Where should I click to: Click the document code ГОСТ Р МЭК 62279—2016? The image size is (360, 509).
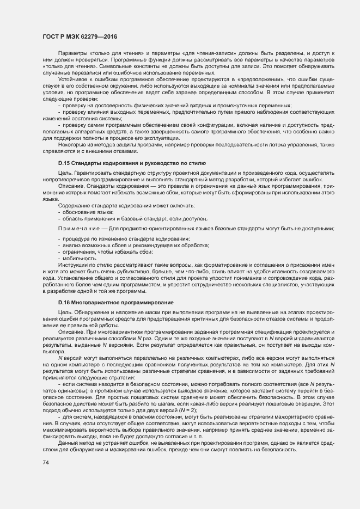(x=80, y=37)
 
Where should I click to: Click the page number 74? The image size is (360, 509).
(x=46, y=463)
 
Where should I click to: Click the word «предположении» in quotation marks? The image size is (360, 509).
(x=257, y=79)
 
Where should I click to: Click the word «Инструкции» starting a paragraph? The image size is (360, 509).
(x=71, y=265)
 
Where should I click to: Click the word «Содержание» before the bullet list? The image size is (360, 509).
(x=73, y=205)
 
